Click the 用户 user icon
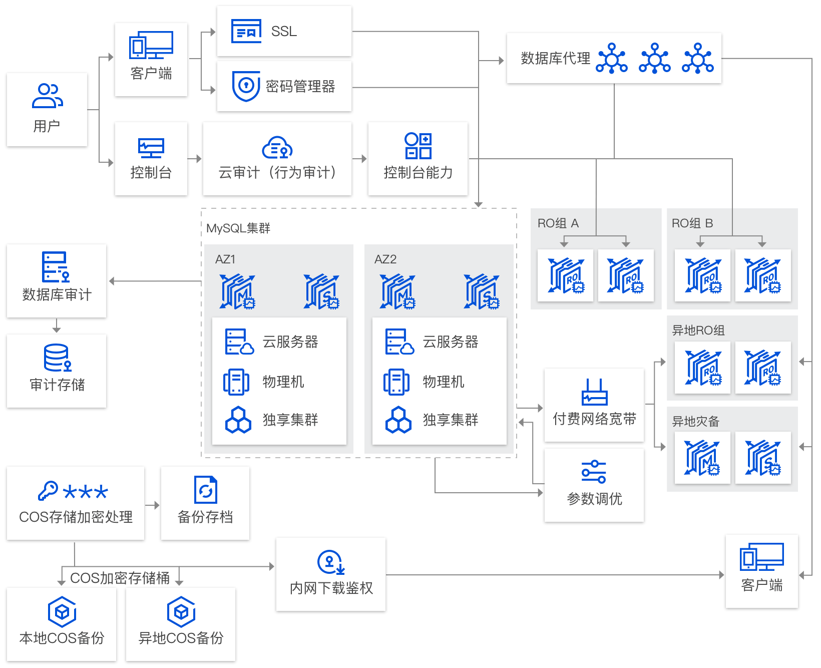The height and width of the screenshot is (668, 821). tap(47, 96)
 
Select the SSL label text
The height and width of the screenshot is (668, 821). tap(284, 32)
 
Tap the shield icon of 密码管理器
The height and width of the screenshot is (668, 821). tap(246, 86)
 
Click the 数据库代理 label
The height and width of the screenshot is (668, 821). tap(556, 58)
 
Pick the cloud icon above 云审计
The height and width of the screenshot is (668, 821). tap(277, 148)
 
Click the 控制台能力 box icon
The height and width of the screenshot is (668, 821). tap(418, 146)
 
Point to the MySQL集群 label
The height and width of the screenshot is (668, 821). tap(238, 228)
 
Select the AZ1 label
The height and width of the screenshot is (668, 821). tap(225, 259)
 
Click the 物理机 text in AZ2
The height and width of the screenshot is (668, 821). tap(444, 382)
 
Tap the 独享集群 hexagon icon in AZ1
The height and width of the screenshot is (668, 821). tap(238, 420)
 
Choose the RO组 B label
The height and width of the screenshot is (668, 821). tap(692, 223)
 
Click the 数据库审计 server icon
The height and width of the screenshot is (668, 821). tap(55, 267)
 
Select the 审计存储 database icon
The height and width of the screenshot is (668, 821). tap(57, 358)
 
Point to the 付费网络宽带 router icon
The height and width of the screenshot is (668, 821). tap(594, 392)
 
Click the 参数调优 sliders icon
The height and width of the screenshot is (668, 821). tap(594, 471)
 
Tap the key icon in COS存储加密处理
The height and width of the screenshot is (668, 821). tap(48, 491)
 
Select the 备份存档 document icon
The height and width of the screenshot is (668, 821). tap(205, 490)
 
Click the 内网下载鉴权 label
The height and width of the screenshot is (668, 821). tap(331, 588)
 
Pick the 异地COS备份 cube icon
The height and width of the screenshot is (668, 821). tap(181, 612)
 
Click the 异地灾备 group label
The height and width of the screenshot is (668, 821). tap(695, 422)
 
